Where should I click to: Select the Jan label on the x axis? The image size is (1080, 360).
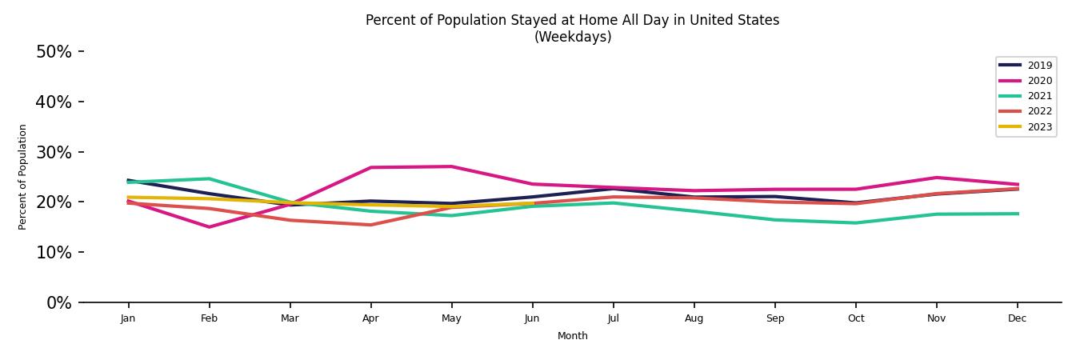(x=128, y=318)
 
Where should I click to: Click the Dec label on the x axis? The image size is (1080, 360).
(x=1017, y=318)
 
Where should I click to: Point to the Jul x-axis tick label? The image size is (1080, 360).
(x=613, y=318)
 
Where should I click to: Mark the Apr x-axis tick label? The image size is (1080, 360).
(x=370, y=318)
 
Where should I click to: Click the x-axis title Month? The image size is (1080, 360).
(x=572, y=336)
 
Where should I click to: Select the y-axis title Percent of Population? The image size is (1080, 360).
(x=23, y=177)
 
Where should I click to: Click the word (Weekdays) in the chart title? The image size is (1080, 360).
(x=572, y=37)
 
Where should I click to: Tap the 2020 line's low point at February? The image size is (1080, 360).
(x=209, y=227)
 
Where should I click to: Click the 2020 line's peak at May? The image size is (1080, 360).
(x=451, y=166)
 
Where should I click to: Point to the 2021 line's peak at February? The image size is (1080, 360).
(x=209, y=178)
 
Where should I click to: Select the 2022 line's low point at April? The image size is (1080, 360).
(x=370, y=225)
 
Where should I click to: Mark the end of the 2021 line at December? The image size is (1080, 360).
(x=1017, y=214)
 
